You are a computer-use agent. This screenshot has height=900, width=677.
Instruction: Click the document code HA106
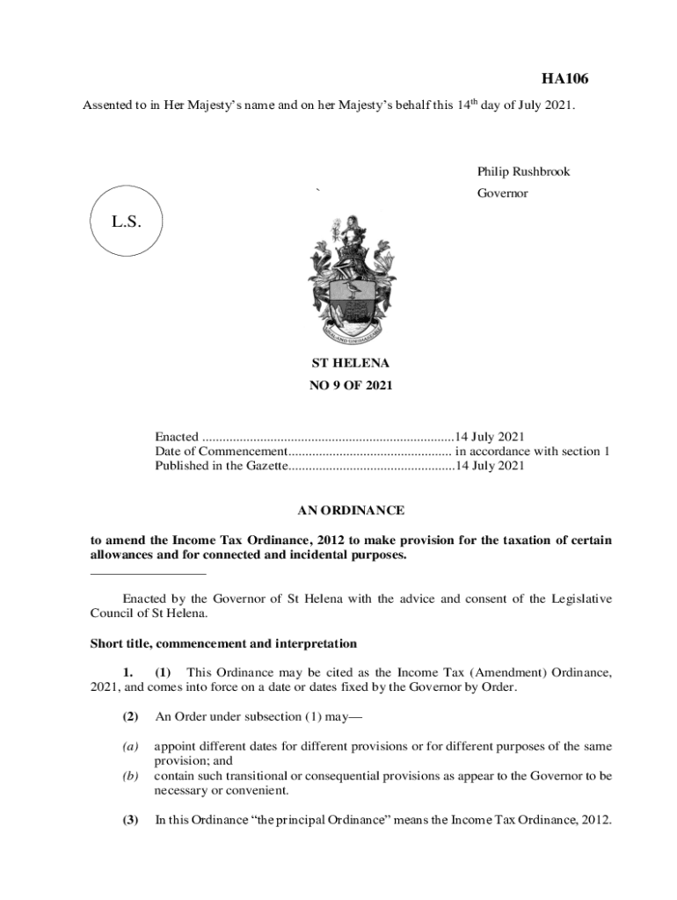[564, 79]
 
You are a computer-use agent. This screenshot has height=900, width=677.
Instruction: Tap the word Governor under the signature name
[503, 193]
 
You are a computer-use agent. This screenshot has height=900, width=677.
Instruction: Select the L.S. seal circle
[127, 221]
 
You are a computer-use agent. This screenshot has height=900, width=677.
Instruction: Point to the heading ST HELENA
[351, 362]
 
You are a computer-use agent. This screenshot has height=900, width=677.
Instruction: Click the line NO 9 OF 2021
[351, 385]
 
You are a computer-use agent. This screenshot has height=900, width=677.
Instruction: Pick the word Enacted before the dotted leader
[177, 437]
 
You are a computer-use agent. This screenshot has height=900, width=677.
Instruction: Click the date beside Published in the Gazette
[490, 466]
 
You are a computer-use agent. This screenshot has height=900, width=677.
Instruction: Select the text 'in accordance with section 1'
[532, 452]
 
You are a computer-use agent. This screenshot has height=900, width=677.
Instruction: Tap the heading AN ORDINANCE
[351, 510]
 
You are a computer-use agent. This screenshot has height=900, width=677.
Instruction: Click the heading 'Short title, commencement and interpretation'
[223, 643]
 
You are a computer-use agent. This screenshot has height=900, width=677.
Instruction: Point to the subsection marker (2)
[130, 716]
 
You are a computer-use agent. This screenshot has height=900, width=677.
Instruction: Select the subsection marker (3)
[130, 820]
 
